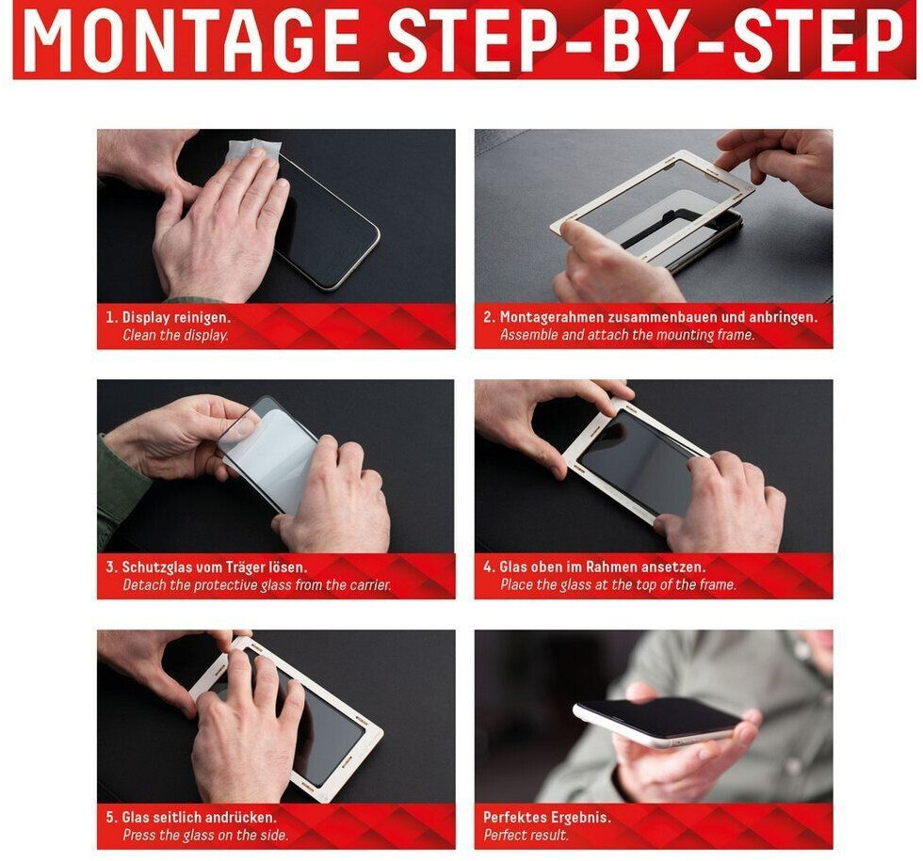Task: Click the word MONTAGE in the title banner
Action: (191, 40)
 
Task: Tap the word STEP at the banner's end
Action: (818, 40)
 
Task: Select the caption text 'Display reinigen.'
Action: (177, 318)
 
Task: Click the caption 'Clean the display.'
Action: (175, 335)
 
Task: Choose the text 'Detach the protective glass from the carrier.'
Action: (257, 585)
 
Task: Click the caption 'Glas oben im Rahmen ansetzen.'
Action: (602, 567)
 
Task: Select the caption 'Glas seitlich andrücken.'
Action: (199, 818)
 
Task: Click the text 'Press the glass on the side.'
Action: (205, 836)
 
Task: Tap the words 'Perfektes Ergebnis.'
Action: (547, 818)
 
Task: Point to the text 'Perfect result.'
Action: (526, 836)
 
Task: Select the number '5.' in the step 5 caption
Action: (112, 818)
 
